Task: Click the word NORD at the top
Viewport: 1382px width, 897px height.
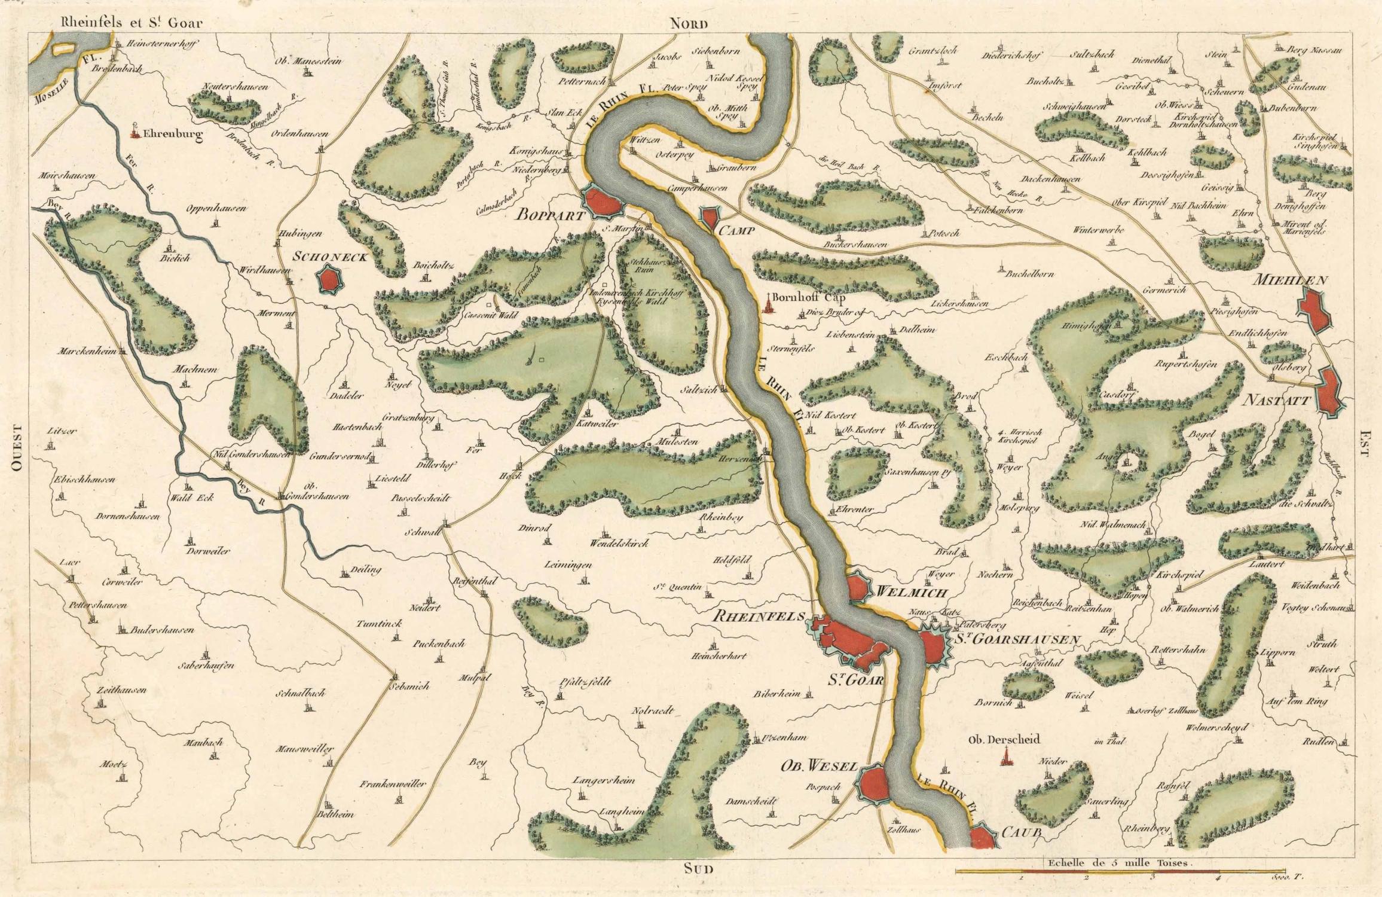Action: [688, 23]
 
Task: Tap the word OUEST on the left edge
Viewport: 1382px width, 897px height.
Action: [17, 448]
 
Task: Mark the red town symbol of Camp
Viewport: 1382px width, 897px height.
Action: [710, 217]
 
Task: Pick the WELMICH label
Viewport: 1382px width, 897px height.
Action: [911, 593]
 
